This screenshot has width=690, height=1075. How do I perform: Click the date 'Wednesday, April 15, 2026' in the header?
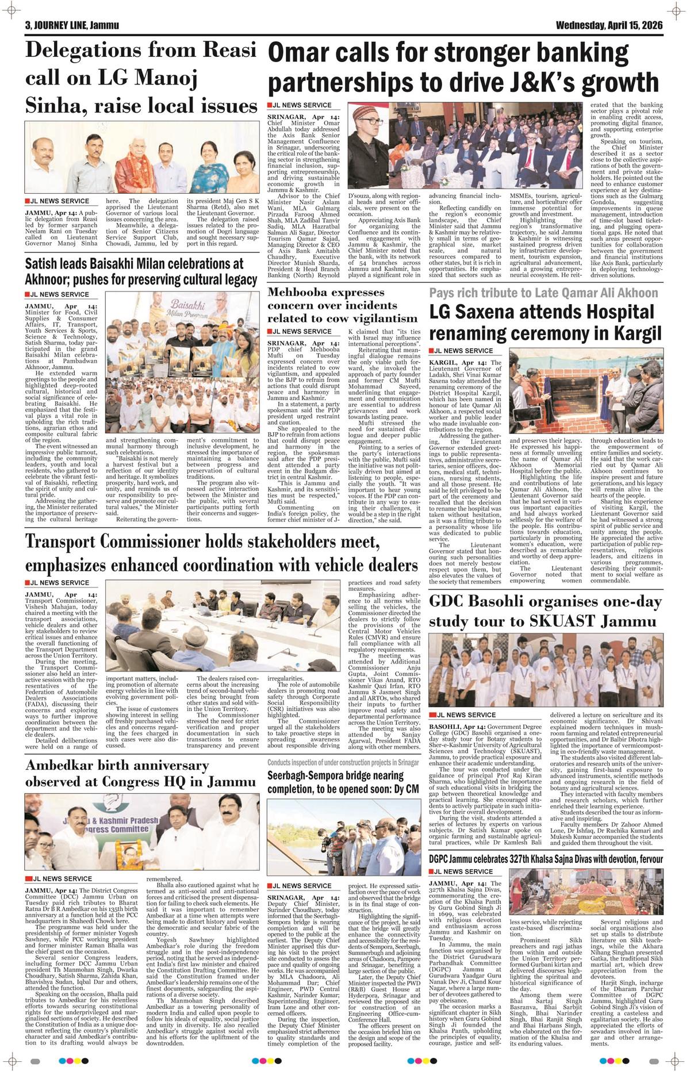[x=609, y=26]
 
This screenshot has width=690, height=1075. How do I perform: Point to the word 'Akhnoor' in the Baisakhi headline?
[x=49, y=280]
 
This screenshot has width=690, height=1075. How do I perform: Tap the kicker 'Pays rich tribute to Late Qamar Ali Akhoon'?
[x=543, y=293]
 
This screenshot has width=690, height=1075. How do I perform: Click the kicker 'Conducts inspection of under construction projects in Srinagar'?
[x=343, y=762]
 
